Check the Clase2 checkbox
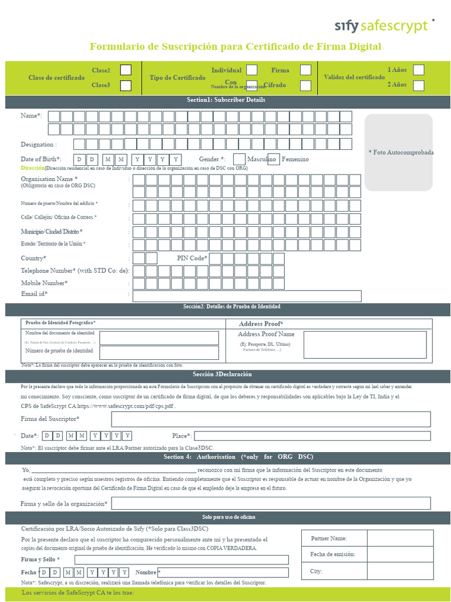pyautogui.click(x=126, y=70)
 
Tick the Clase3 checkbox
pyautogui.click(x=126, y=85)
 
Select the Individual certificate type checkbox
pyautogui.click(x=252, y=70)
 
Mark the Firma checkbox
pyautogui.click(x=305, y=70)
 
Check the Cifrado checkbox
pyautogui.click(x=305, y=85)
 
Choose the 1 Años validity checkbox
pyautogui.click(x=418, y=70)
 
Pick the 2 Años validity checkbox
pyautogui.click(x=418, y=85)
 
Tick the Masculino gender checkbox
pyautogui.click(x=239, y=159)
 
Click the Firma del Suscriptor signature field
pyautogui.click(x=271, y=419)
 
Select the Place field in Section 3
pyautogui.click(x=312, y=436)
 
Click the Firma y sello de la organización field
pyautogui.click(x=271, y=503)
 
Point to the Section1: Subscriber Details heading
pyautogui.click(x=225, y=100)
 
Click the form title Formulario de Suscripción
pyautogui.click(x=235, y=46)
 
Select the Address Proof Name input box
pyautogui.click(x=340, y=345)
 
